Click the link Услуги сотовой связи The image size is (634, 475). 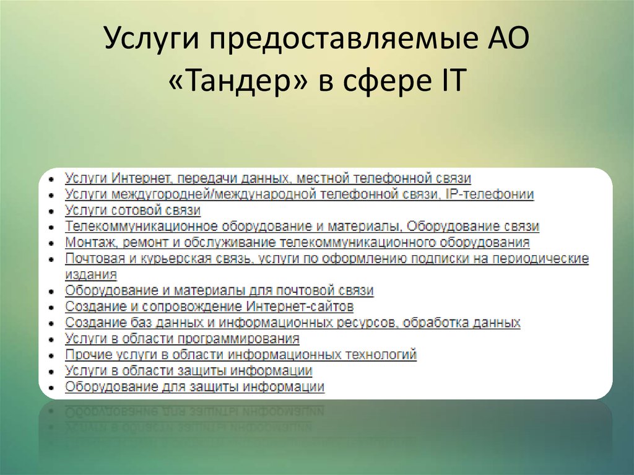click(132, 211)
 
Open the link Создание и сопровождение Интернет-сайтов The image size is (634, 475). click(209, 307)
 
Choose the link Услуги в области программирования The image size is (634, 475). click(182, 339)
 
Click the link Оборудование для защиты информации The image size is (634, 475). click(194, 387)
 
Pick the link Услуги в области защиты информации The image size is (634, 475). click(188, 371)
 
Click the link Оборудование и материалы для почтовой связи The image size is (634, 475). click(219, 290)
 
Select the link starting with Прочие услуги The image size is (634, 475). click(240, 355)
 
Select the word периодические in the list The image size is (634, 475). click(543, 258)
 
